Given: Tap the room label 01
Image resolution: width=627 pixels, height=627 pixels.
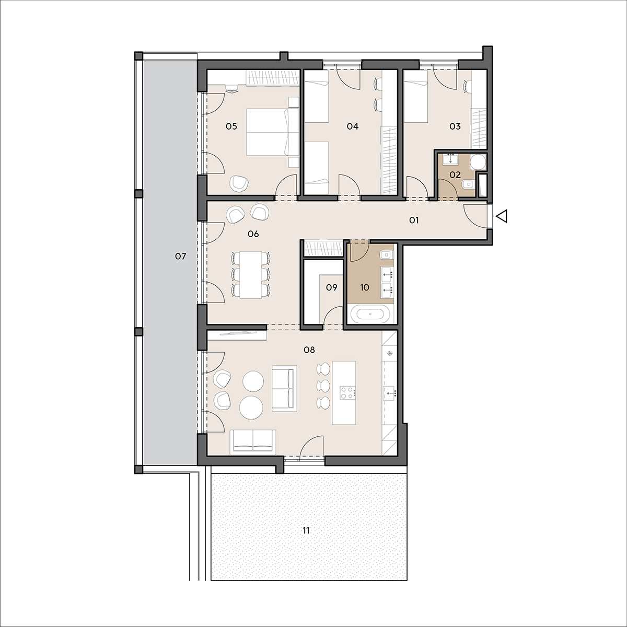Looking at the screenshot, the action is (414, 220).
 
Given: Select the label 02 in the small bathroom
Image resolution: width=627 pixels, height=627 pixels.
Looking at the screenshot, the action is (455, 175).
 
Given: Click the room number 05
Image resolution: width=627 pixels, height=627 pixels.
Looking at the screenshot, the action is (231, 126).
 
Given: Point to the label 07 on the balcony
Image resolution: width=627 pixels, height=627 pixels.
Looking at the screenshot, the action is (181, 257).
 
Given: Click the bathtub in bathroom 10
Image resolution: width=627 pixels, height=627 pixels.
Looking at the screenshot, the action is (370, 315).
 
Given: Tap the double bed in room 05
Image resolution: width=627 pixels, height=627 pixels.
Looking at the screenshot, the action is (273, 132).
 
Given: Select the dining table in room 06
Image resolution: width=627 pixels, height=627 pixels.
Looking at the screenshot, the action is (250, 275).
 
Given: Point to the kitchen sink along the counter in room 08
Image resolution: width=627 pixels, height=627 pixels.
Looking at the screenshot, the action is (390, 393).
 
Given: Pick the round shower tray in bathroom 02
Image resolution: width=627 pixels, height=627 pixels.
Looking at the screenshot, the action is (478, 161).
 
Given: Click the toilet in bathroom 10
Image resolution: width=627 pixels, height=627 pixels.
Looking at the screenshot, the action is (387, 255).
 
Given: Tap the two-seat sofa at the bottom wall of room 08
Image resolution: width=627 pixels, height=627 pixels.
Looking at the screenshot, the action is (253, 442).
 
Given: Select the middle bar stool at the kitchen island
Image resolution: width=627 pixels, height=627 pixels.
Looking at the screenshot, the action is (323, 385).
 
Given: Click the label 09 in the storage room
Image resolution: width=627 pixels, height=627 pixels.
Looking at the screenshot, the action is (332, 287).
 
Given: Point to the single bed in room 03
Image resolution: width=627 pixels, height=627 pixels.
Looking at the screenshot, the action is (415, 97).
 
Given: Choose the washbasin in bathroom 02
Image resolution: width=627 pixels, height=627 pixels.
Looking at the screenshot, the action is (450, 159).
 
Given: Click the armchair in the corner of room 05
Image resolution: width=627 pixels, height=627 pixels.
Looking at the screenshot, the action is (239, 183).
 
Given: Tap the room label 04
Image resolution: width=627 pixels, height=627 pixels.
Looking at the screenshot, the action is (352, 126).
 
